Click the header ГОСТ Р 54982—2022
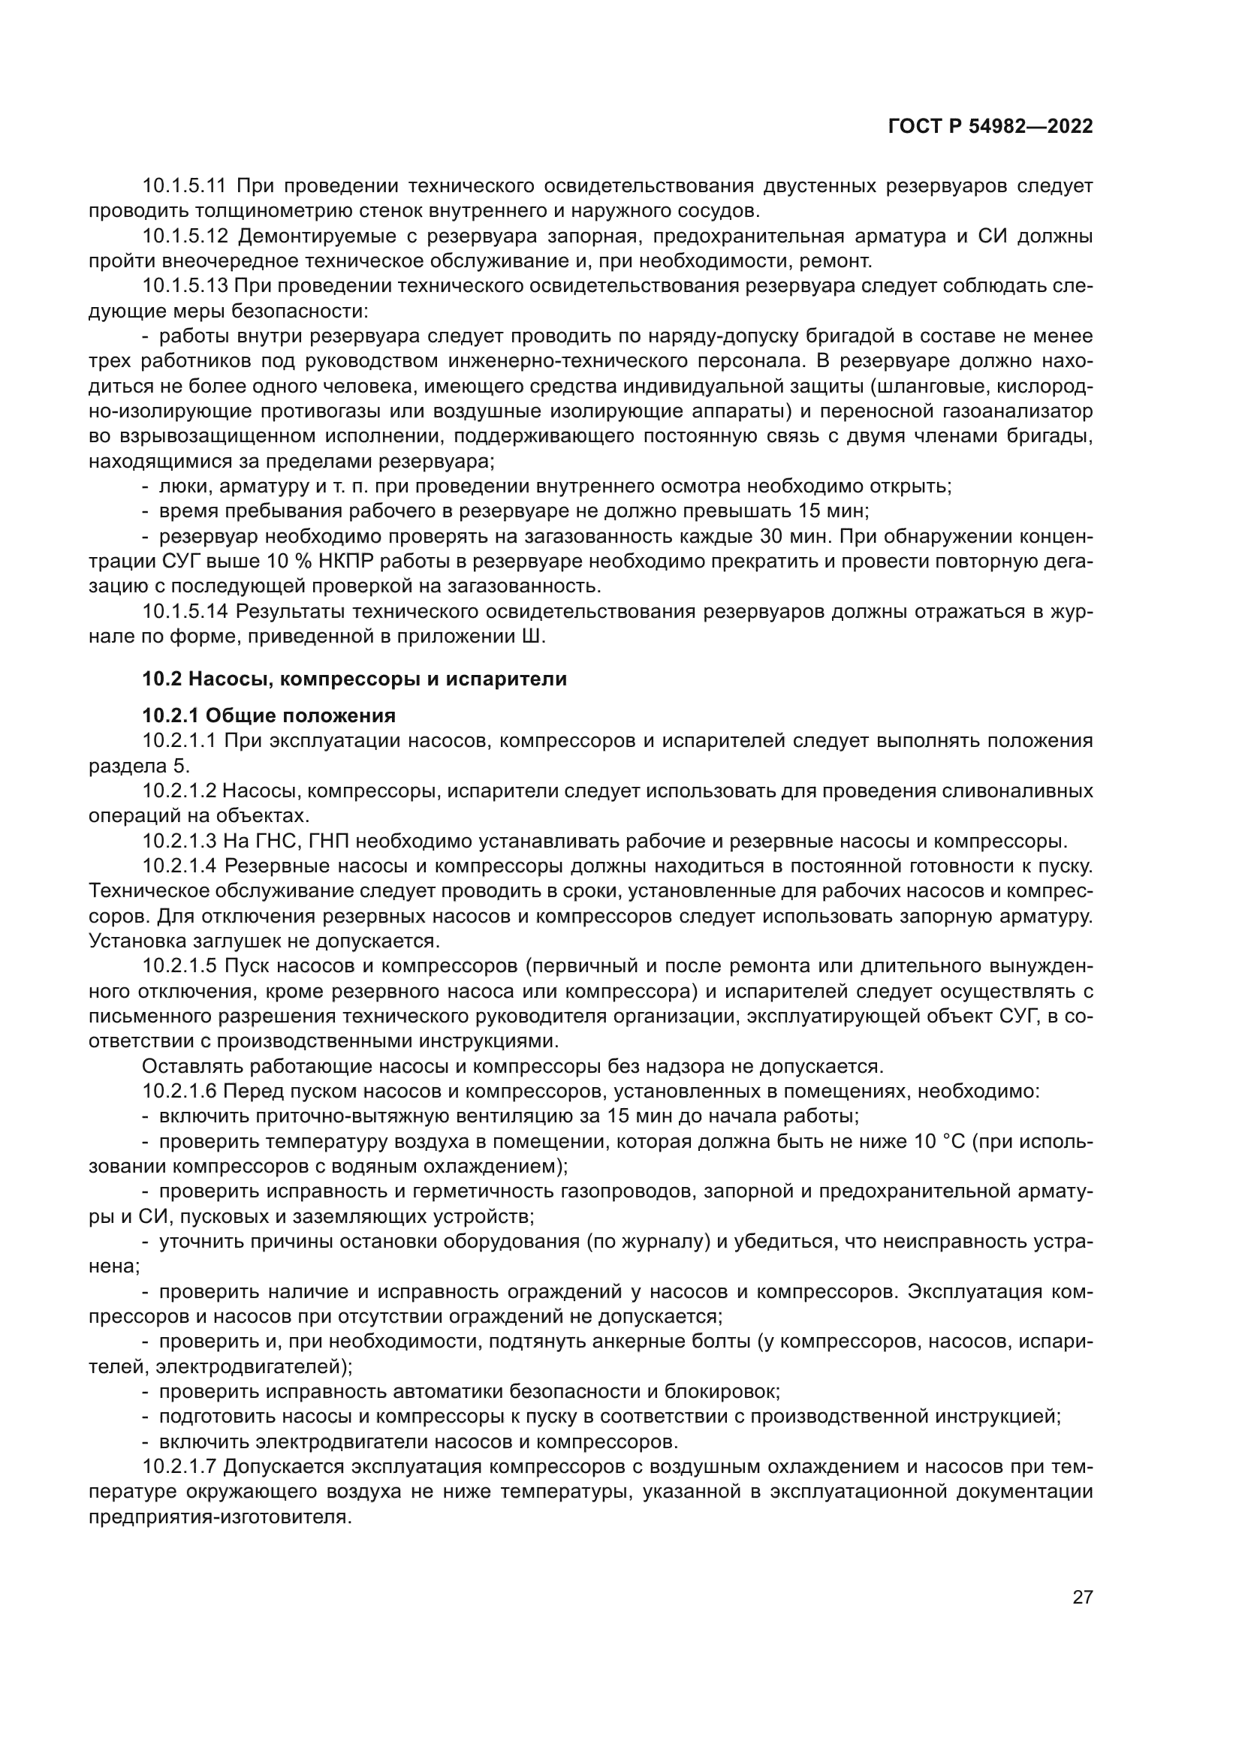click(x=990, y=127)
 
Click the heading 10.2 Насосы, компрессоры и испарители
click(x=354, y=679)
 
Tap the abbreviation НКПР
click(x=333, y=562)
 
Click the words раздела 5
click(x=138, y=767)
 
